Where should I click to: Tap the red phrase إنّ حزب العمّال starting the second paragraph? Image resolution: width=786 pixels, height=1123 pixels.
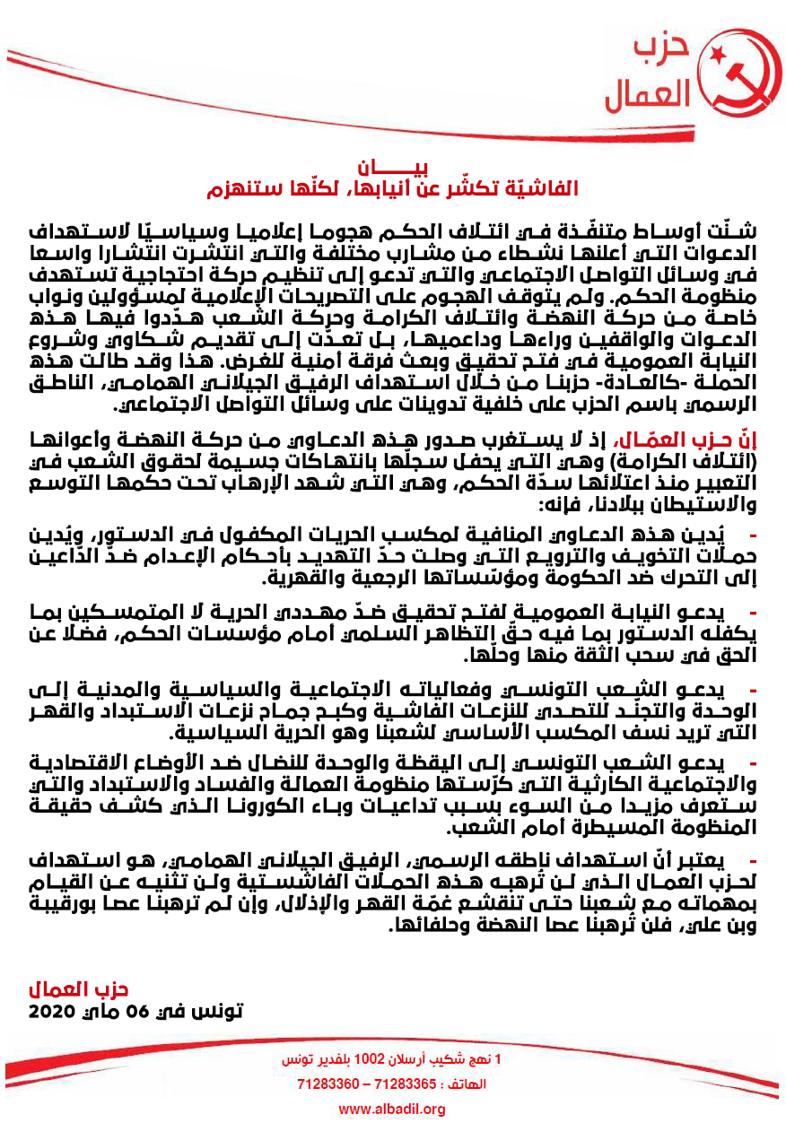[710, 440]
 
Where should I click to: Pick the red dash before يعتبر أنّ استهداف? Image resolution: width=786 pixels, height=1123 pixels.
[755, 859]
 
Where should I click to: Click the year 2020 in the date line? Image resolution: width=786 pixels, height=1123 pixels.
[56, 1011]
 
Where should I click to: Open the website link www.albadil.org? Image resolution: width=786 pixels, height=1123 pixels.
[392, 1110]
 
